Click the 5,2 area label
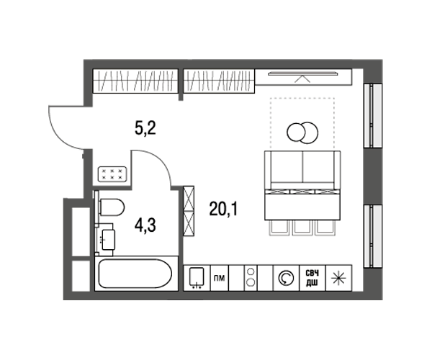145,128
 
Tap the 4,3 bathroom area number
145,225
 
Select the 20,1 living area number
223,209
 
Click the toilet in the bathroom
112,207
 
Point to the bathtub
135,274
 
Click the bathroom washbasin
108,240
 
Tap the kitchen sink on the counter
197,277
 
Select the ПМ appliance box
220,278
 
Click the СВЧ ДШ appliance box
312,278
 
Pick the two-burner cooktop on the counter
251,278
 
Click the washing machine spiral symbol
286,278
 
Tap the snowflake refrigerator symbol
338,278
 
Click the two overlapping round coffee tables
302,132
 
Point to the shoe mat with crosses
112,174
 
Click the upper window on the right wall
373,116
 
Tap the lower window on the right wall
373,236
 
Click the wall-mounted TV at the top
303,73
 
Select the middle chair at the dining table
302,228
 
